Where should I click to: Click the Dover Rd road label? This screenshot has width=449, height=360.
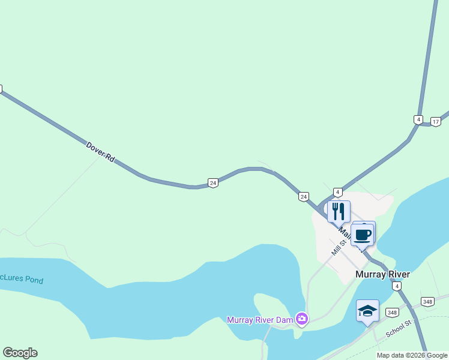[x=100, y=152]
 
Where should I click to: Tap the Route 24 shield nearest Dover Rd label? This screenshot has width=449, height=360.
[x=212, y=183]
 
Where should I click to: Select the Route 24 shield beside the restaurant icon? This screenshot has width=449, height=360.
[x=304, y=197]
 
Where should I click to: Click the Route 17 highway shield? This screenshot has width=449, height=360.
[x=436, y=122]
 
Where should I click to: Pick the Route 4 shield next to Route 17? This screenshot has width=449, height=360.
[x=418, y=119]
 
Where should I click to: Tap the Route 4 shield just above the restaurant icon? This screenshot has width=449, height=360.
[x=338, y=192]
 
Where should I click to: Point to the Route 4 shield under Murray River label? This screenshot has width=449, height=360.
[x=397, y=287]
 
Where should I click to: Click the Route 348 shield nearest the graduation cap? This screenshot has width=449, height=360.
[x=392, y=313]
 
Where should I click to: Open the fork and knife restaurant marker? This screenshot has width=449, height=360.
[x=339, y=212]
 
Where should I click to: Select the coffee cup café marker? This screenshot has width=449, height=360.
[x=363, y=234]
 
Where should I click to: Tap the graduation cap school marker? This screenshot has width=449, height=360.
[x=367, y=311]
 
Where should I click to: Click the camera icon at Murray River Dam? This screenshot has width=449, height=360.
[x=302, y=319]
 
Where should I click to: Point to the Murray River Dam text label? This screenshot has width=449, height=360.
[x=259, y=319]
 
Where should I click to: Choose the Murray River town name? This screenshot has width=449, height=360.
[x=382, y=274]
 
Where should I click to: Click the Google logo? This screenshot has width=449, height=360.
[x=20, y=353]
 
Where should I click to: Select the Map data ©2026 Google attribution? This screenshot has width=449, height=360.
[x=412, y=355]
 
